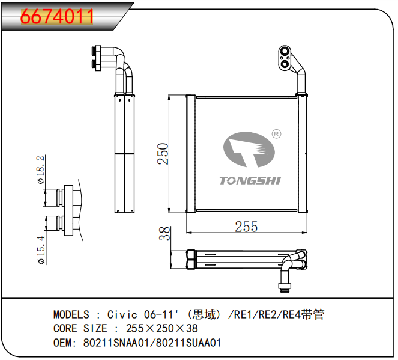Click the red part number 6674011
click(58, 16)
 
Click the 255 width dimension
click(246, 227)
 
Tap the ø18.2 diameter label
click(40, 170)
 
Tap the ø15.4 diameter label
click(40, 249)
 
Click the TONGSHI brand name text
click(250, 180)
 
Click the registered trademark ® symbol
click(277, 134)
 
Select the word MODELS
click(71, 314)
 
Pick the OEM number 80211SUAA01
click(188, 343)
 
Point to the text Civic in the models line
click(123, 314)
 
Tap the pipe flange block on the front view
click(286, 56)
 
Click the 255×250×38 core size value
click(161, 329)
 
